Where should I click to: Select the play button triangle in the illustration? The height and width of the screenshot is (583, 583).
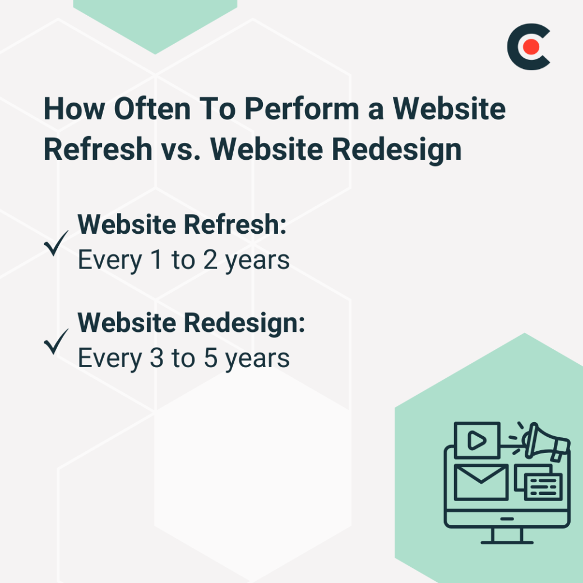click(476, 441)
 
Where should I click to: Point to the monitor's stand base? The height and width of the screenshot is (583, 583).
click(507, 542)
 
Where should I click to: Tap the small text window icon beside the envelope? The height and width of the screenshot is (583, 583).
click(543, 486)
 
